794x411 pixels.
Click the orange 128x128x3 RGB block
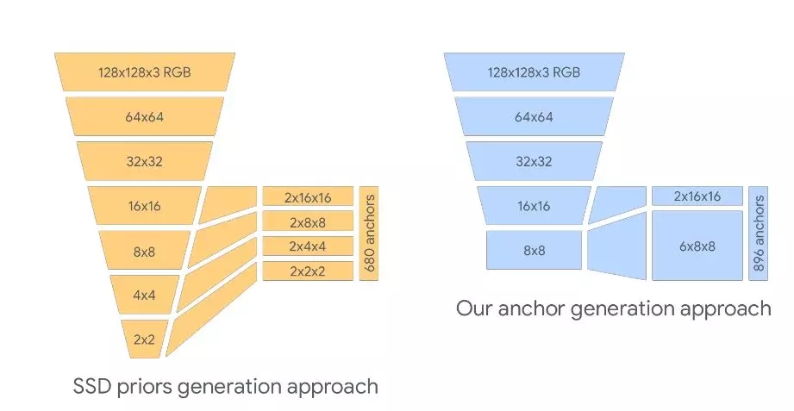[144, 72]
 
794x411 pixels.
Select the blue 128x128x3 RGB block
[534, 72]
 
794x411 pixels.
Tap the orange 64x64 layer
[144, 116]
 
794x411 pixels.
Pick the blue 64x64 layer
[534, 116]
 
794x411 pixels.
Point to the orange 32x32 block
[144, 160]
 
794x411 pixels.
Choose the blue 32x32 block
[534, 160]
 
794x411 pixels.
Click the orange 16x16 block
[144, 205]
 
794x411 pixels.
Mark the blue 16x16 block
[534, 205]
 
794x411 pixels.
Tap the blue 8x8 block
[534, 250]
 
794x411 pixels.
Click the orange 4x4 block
[144, 294]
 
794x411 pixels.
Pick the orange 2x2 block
[144, 339]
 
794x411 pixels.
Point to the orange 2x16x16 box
[307, 196]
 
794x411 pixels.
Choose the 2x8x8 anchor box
[307, 221]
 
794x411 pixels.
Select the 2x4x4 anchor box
[307, 246]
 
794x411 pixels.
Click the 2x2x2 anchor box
[307, 271]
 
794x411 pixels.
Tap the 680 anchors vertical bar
[370, 234]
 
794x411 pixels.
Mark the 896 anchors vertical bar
[759, 234]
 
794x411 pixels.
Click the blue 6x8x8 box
[697, 246]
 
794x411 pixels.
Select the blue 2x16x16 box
[697, 196]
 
